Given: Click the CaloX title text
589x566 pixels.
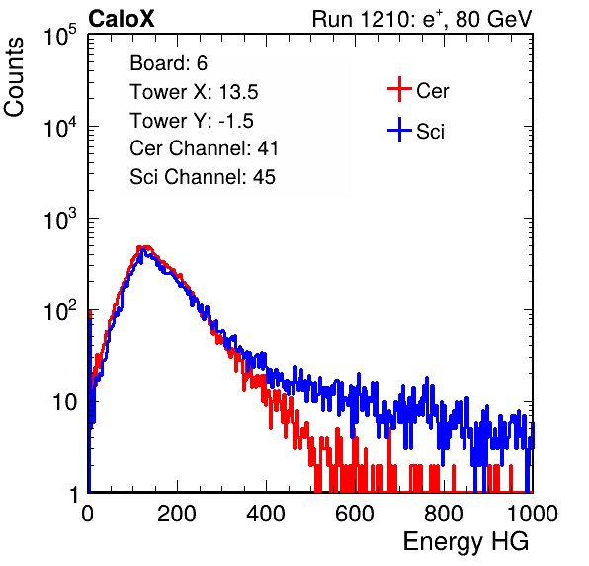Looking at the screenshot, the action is click(121, 19).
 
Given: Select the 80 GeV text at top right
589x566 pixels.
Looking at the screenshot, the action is click(493, 19).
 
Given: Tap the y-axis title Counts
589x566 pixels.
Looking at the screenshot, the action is click(14, 77).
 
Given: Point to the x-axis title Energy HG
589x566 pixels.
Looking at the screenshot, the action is click(465, 542).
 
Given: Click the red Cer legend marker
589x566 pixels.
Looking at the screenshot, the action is click(399, 89).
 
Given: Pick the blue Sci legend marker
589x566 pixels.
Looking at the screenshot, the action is click(399, 130).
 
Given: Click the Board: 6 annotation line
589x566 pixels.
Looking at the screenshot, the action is click(168, 63).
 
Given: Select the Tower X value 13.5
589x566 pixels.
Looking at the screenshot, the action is click(238, 92).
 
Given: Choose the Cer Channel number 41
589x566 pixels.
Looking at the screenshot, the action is click(268, 148).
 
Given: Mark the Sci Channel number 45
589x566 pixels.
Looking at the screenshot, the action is click(264, 177).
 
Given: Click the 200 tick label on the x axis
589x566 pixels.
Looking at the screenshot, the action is click(177, 514).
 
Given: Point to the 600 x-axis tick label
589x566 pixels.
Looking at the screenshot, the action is click(355, 514).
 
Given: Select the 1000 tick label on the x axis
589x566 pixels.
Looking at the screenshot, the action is click(533, 514).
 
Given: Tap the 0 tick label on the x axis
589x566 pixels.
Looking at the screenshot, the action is click(88, 514).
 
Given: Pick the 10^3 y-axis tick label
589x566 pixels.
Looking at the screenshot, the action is click(60, 219).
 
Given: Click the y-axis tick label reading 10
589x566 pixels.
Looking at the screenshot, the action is click(64, 403).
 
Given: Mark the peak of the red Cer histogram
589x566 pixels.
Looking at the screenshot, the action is click(144, 247).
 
